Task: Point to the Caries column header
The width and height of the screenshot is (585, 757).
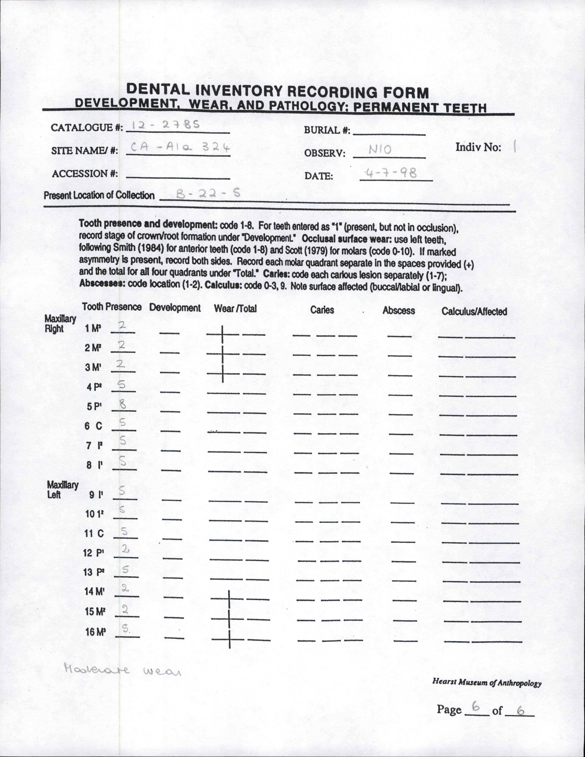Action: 322,310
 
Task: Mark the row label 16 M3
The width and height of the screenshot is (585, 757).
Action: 95,632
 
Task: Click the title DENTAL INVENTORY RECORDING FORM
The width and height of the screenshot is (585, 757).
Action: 277,92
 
